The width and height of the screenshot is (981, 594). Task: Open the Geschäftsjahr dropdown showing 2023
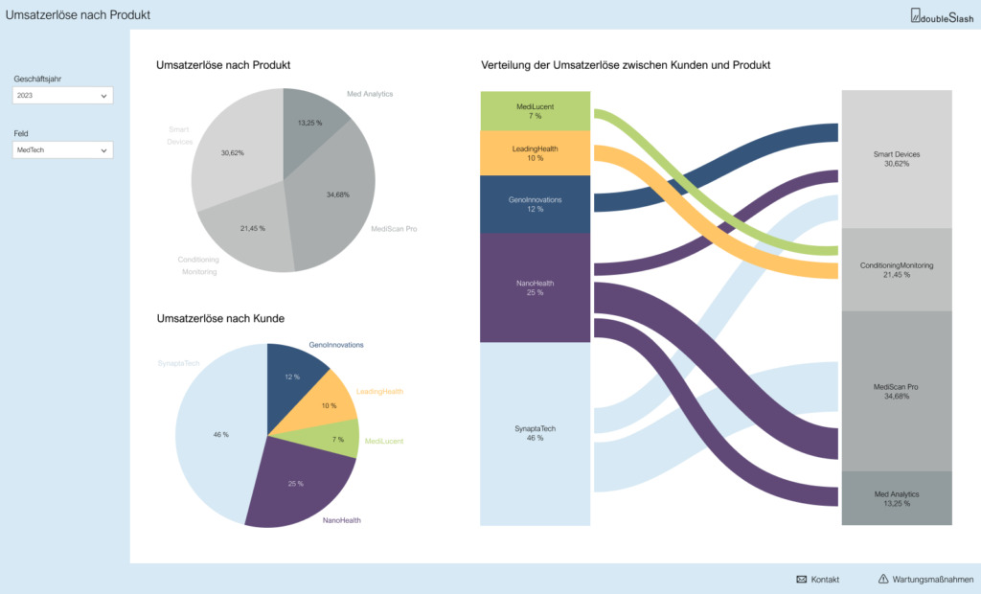(62, 95)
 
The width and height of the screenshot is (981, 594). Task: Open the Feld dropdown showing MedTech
(62, 150)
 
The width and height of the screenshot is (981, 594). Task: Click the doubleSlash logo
(942, 15)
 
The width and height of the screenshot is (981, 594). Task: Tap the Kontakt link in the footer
(818, 580)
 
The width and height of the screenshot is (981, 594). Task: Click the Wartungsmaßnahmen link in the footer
(925, 580)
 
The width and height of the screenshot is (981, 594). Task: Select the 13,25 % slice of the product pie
(309, 126)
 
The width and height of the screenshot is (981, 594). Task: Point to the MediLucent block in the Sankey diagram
(535, 111)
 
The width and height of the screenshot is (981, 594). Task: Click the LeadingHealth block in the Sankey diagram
(535, 153)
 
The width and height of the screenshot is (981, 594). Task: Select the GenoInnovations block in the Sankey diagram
(535, 205)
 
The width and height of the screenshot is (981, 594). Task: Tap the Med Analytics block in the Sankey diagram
(897, 498)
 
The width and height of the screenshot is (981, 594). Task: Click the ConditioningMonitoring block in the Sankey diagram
(897, 270)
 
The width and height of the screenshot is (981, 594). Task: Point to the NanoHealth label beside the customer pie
(342, 520)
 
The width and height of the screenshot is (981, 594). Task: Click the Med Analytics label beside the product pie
(370, 94)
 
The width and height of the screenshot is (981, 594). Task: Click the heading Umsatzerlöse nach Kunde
(220, 319)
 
